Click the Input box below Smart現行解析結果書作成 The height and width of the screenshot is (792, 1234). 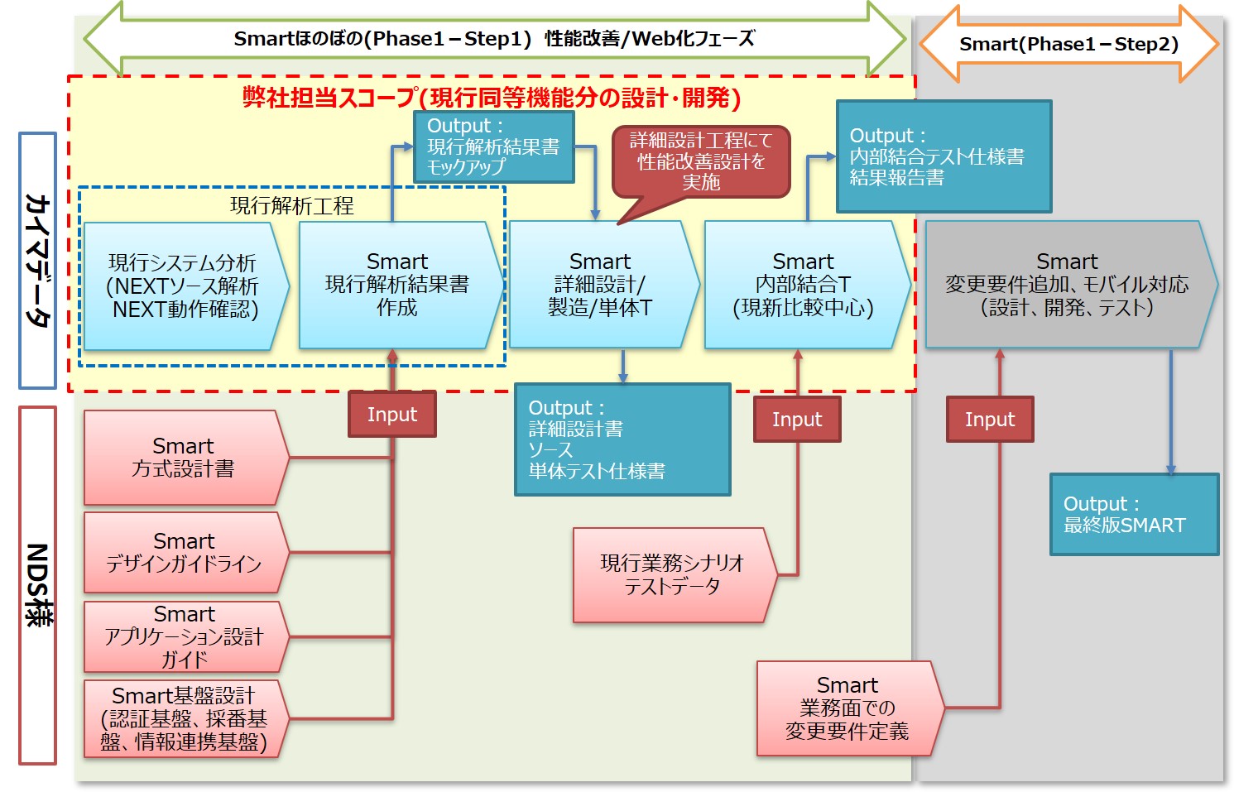391,414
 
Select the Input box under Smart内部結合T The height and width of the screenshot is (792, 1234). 797,419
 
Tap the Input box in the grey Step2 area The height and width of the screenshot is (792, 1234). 990,419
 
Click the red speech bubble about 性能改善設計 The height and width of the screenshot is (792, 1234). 700,161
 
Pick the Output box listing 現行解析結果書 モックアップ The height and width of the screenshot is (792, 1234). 493,146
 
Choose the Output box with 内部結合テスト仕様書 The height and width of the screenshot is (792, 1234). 944,156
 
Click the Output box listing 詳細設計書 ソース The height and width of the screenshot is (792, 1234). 622,439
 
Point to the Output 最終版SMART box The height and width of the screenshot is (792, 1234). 1134,514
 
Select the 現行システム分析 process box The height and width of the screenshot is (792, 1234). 184,286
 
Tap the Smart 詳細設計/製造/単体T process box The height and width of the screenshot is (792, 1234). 601,285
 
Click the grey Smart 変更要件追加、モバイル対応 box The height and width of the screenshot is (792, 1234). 1068,285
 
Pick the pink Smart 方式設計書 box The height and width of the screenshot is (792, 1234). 184,458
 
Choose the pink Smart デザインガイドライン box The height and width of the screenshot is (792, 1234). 184,553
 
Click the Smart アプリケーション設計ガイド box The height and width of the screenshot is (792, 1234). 184,636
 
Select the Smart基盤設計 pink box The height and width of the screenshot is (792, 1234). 184,718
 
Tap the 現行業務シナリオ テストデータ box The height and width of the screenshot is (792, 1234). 672,575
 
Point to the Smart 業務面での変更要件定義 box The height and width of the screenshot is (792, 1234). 847,708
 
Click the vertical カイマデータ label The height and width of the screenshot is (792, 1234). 37,261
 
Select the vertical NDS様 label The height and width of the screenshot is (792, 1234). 37,584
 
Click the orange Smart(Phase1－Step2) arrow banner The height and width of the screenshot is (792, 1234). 1068,45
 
